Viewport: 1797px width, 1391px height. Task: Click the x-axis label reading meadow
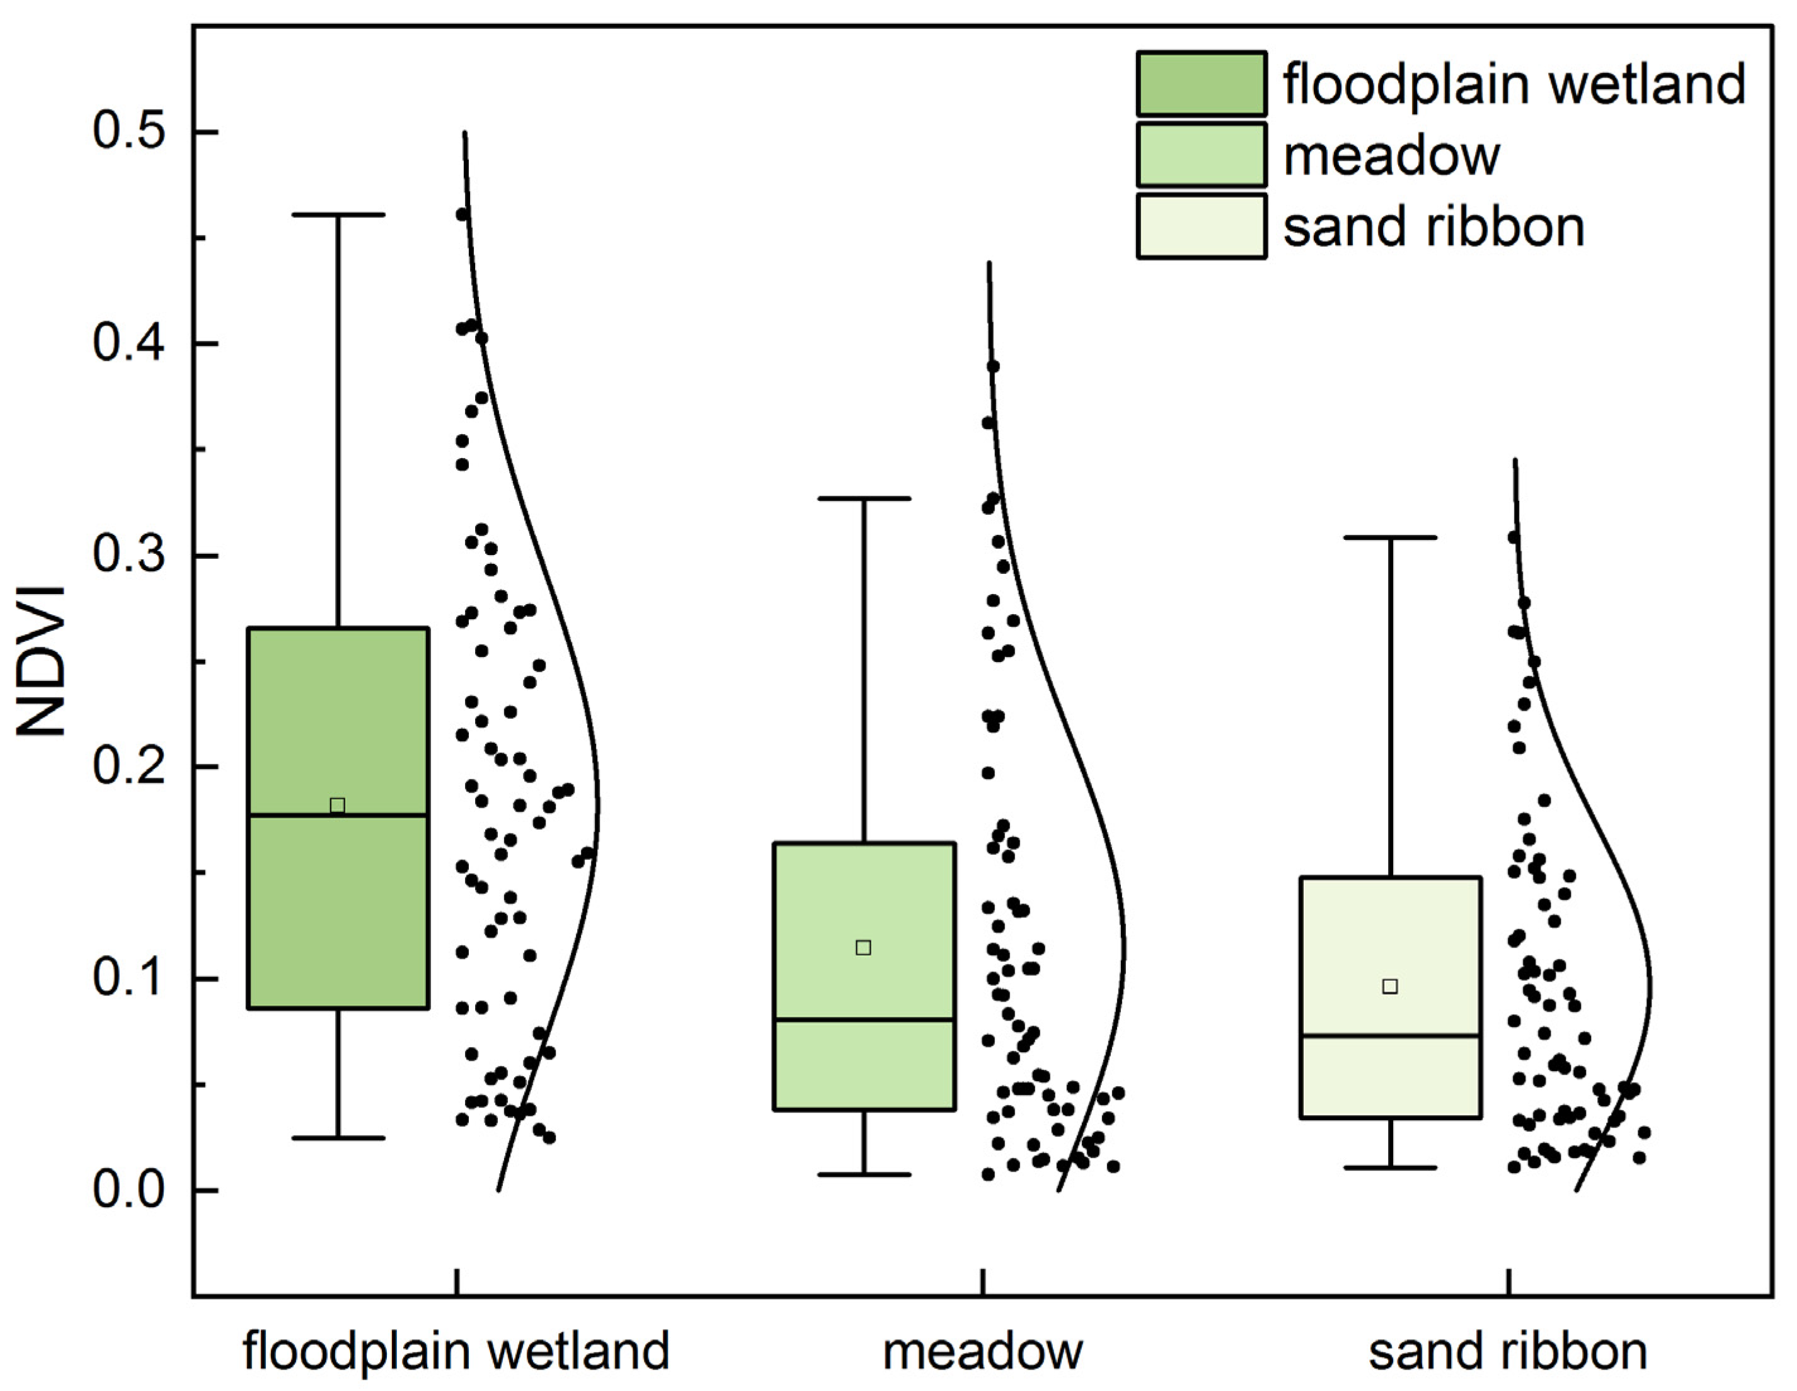[982, 1351]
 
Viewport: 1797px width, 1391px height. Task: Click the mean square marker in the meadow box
[863, 947]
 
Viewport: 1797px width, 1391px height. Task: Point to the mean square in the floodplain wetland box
[337, 805]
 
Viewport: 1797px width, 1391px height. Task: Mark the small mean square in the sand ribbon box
[1390, 987]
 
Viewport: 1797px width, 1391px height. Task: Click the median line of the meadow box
[864, 1019]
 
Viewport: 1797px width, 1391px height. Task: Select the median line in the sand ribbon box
[1391, 1036]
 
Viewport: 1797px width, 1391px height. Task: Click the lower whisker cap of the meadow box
[864, 1175]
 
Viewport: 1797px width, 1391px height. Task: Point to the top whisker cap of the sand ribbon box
[1391, 537]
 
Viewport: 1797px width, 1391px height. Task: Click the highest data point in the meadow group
[993, 366]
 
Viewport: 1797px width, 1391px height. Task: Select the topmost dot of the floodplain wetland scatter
[462, 215]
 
